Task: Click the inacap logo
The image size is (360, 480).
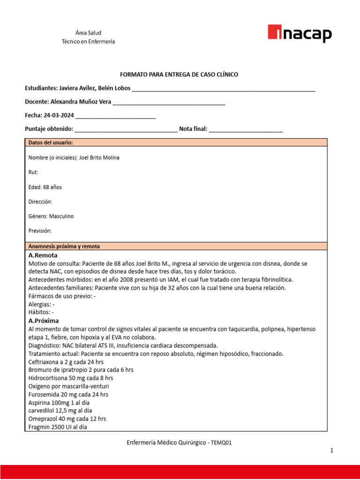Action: (x=300, y=34)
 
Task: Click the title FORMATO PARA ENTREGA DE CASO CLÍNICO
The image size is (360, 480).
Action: (x=180, y=75)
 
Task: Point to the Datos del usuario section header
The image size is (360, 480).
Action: (x=51, y=142)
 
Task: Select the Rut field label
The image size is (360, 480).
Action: (x=33, y=172)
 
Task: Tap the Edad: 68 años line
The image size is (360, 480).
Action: (x=45, y=187)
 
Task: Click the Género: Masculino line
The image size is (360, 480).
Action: (x=51, y=216)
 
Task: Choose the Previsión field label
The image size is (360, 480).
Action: (x=40, y=231)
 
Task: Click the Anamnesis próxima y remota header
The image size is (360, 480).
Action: (x=64, y=246)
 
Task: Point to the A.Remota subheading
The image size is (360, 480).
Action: (x=43, y=255)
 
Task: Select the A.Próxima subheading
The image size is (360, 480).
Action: (x=44, y=321)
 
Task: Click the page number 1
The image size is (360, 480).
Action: (x=331, y=450)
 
